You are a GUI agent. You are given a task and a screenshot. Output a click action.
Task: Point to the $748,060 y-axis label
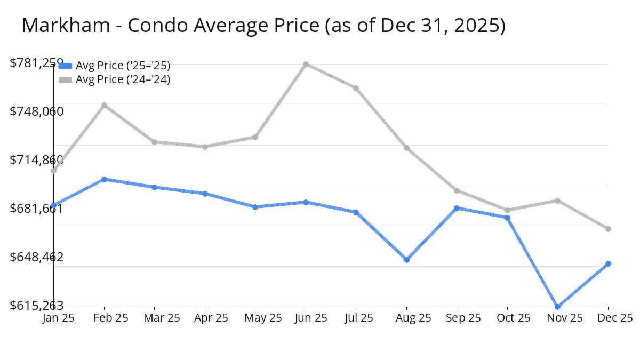37,111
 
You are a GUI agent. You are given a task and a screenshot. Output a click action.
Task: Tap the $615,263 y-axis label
37,306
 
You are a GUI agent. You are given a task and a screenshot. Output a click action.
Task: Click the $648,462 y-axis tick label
37,257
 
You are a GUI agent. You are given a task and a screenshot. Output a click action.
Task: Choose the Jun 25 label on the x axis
306,318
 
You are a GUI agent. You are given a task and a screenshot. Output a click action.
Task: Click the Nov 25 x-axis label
558,318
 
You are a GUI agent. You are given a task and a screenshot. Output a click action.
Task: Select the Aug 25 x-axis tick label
407,318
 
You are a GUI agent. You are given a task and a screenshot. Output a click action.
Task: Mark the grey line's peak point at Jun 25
306,64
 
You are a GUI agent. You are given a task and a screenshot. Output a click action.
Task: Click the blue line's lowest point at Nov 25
558,307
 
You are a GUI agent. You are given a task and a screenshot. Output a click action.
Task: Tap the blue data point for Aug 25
407,260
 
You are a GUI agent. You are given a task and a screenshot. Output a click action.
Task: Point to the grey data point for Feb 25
104,105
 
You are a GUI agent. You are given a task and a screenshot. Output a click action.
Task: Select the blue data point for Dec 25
608,263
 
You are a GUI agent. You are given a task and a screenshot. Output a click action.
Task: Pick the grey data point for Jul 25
356,88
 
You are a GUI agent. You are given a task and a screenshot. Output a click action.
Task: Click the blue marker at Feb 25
104,179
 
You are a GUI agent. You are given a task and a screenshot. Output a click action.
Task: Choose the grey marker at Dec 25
608,229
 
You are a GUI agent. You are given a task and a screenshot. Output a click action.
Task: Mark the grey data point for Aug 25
407,148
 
